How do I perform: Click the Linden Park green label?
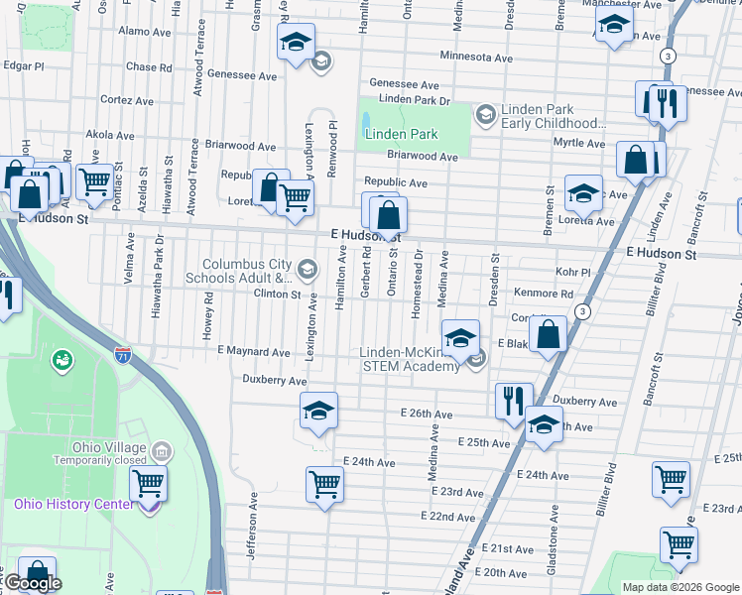coord(401,134)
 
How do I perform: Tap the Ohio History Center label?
coord(73,504)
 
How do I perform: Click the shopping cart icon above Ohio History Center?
coord(148,484)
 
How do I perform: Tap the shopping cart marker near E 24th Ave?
coord(324,484)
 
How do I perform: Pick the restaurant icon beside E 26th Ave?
coord(513,401)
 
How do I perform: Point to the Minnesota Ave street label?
coord(476,58)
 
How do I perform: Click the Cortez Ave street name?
coord(126,101)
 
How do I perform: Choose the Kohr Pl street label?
coord(572,272)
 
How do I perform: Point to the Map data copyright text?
coord(680,587)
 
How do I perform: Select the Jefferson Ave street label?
coord(254,535)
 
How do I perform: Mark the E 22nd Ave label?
coord(447,517)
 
